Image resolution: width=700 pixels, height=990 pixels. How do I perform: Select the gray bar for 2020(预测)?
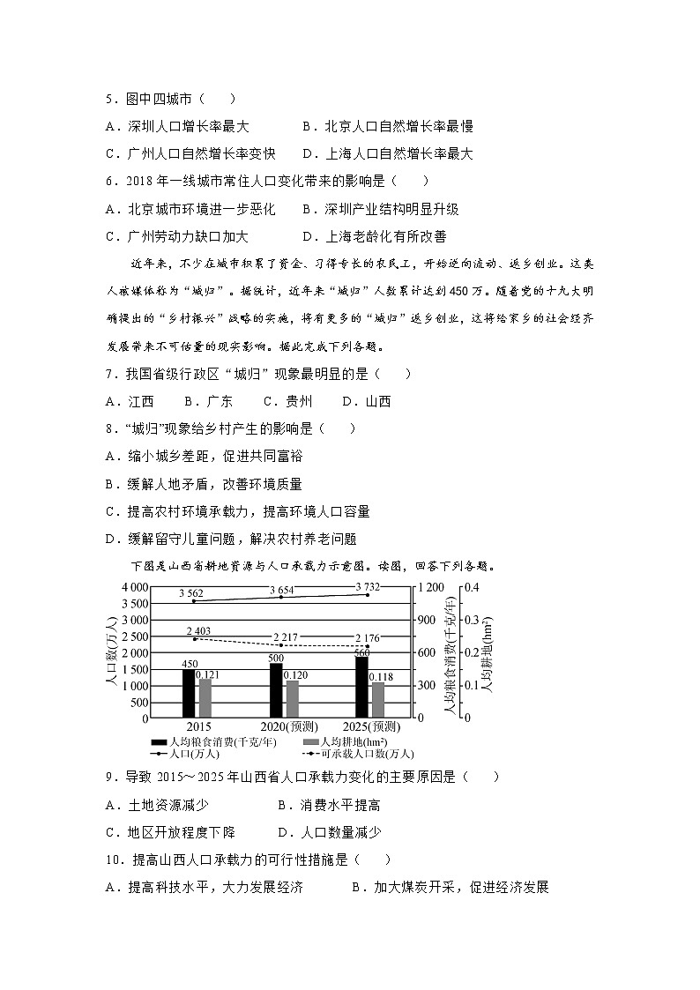point(292,698)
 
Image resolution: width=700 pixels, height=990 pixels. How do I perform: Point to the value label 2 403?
point(199,631)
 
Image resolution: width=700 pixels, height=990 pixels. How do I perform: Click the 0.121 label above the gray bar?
point(208,674)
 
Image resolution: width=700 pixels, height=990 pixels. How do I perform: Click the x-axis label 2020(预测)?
point(283,727)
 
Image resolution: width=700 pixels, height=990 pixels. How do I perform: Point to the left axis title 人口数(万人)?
point(111,652)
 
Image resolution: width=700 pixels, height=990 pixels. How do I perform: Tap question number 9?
point(109,777)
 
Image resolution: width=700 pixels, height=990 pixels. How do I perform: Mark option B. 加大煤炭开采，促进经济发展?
point(450,887)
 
